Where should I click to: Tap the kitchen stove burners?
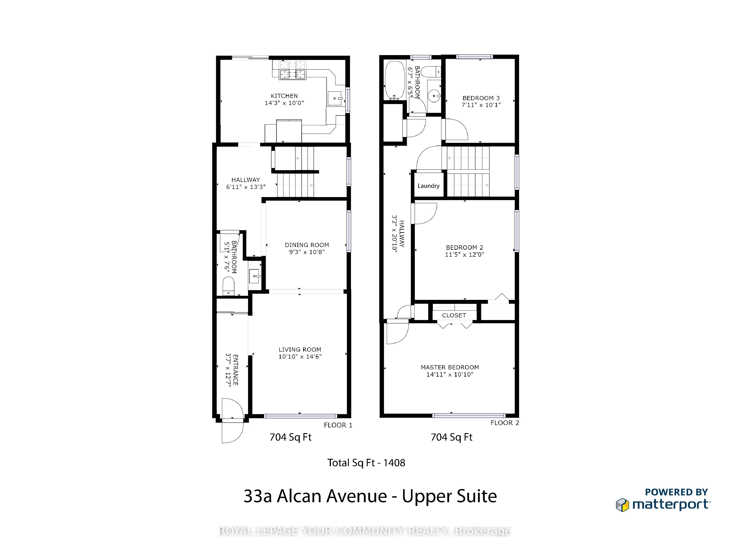tap(292, 75)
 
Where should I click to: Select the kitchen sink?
tap(335, 98)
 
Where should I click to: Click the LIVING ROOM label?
tap(300, 349)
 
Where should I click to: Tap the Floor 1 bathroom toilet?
tap(228, 285)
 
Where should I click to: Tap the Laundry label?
tap(428, 186)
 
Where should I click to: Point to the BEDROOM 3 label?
tap(481, 98)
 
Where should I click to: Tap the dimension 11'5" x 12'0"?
tap(464, 254)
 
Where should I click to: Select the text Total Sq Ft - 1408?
tap(366, 463)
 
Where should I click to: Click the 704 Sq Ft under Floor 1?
tap(290, 437)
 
